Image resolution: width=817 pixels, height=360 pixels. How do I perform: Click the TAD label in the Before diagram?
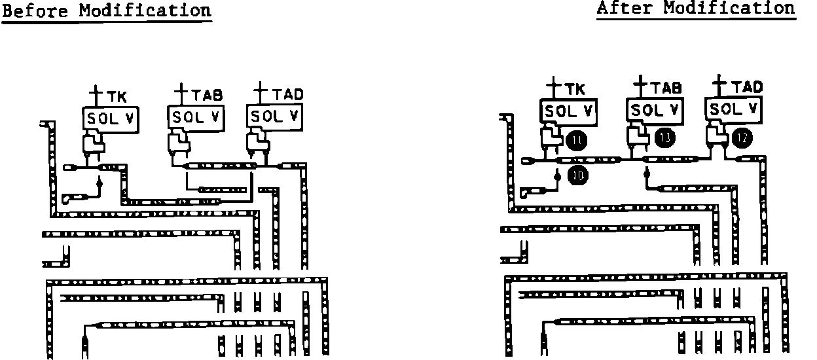(288, 94)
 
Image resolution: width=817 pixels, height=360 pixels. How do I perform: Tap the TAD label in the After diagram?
(747, 87)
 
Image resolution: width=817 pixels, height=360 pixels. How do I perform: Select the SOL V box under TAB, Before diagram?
(195, 118)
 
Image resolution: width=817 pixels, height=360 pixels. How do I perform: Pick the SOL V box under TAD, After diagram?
(734, 108)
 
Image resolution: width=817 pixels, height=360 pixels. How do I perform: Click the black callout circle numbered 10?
(577, 175)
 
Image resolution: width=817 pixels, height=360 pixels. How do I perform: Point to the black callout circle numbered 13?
(664, 137)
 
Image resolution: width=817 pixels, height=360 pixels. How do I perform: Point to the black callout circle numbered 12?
(743, 137)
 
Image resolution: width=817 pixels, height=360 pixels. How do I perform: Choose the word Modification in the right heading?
(729, 9)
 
